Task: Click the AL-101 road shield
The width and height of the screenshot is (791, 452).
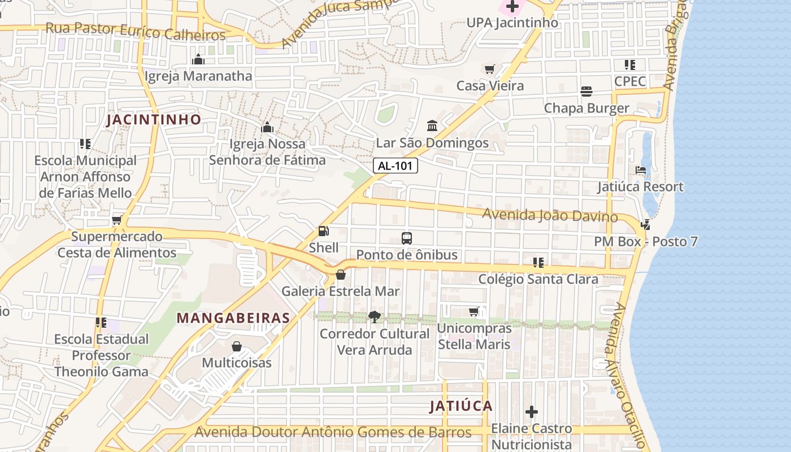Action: point(395,166)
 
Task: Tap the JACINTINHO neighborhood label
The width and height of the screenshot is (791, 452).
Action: point(154,120)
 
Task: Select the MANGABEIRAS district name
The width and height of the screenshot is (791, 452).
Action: point(233,318)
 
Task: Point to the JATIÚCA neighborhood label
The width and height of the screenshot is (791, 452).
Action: point(461,406)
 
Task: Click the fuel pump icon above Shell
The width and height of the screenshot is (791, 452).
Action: point(323,231)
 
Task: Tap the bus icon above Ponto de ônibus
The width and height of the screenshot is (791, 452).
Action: point(406,238)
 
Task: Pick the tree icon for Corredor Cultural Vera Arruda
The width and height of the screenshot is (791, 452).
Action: point(374,316)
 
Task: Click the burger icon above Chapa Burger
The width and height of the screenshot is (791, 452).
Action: point(586,92)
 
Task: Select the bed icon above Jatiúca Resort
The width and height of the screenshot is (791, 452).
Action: point(640,170)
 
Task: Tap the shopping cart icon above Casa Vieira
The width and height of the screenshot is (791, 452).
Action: point(489,69)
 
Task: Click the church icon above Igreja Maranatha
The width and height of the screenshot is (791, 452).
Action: point(198,59)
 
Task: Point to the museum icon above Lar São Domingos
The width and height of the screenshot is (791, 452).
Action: point(432,125)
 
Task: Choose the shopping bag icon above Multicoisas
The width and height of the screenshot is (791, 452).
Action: point(237,346)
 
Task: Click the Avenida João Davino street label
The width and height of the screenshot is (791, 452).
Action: point(550,215)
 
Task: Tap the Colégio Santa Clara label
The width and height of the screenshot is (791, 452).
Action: point(538,279)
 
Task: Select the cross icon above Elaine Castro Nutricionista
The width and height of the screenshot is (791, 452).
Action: point(531,412)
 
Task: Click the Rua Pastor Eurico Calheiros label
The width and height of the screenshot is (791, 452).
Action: point(136,31)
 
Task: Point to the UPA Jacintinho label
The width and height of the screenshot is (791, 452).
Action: point(512,23)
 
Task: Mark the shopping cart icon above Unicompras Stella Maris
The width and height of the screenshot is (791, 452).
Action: point(474,311)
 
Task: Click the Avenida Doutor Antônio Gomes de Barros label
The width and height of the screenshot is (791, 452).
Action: point(333,433)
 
